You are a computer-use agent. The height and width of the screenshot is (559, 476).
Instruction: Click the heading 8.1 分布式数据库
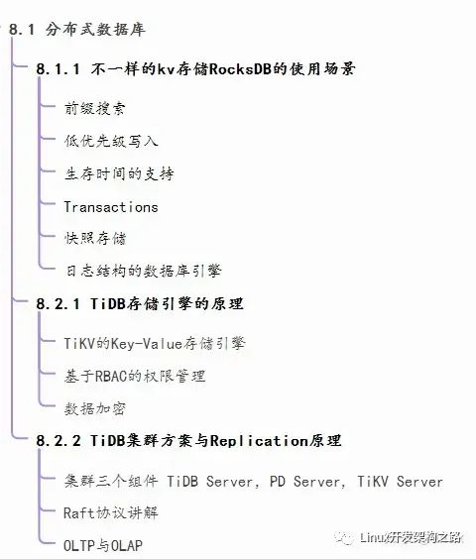tap(77, 29)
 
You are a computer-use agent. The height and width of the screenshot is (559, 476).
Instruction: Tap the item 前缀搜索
tap(95, 108)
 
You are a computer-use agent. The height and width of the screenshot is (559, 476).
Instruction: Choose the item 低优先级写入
tap(111, 141)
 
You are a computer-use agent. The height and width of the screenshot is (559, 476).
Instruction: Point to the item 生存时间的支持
tap(119, 174)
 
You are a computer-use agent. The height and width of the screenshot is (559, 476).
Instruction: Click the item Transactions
tap(111, 207)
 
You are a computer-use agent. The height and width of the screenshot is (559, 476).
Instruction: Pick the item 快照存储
tap(95, 238)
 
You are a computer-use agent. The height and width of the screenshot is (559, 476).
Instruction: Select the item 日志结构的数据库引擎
tap(143, 271)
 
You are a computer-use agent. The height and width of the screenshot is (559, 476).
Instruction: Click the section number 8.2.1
tap(58, 304)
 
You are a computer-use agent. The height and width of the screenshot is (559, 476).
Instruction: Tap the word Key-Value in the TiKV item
tap(147, 344)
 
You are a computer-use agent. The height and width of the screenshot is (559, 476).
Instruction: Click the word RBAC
tap(111, 376)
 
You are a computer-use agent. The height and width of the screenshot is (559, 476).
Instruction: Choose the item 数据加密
tap(95, 408)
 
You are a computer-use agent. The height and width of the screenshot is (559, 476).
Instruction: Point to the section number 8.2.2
tap(59, 441)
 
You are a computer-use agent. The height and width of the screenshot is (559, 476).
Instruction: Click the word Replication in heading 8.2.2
tap(259, 441)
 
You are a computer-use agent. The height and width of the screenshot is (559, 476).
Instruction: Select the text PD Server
tap(305, 482)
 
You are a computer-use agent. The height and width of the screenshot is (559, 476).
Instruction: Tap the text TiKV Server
tap(400, 482)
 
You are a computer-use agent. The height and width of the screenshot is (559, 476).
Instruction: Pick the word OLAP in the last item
tap(127, 545)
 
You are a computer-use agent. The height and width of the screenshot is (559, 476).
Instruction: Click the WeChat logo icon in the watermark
tap(344, 537)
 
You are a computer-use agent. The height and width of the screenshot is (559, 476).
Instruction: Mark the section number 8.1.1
tap(58, 68)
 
